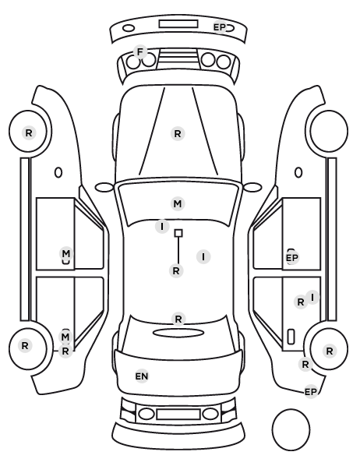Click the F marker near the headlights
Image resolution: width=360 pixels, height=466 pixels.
[x=140, y=52]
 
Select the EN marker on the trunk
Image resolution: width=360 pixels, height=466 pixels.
[x=142, y=376]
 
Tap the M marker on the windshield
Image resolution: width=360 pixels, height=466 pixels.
[x=178, y=204]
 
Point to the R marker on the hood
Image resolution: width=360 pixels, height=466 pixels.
[x=178, y=134]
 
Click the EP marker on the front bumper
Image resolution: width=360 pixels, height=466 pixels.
[x=220, y=27]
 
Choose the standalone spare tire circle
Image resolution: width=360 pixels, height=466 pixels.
[x=291, y=429]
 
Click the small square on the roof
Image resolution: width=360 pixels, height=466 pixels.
[x=178, y=233]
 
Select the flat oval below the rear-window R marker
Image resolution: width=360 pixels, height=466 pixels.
[x=178, y=333]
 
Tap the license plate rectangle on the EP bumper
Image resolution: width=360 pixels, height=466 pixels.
[x=178, y=24]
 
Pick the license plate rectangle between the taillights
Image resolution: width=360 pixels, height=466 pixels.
[x=178, y=415]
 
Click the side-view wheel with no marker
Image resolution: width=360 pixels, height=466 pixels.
[x=329, y=131]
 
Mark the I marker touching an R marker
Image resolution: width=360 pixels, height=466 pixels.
[x=312, y=297]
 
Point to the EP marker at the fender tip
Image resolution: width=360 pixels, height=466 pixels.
[x=311, y=392]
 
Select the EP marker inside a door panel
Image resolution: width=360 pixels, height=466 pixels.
[x=291, y=258]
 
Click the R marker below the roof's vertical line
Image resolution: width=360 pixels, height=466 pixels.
[x=176, y=271]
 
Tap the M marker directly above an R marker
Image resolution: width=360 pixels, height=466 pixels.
[x=65, y=337]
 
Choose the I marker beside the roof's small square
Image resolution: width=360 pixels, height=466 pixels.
[x=162, y=227]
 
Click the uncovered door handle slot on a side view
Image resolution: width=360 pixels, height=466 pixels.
[x=291, y=337]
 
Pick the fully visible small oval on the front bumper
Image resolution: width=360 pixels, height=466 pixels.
[x=129, y=29]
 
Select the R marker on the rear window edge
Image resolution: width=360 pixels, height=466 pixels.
[x=178, y=319]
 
